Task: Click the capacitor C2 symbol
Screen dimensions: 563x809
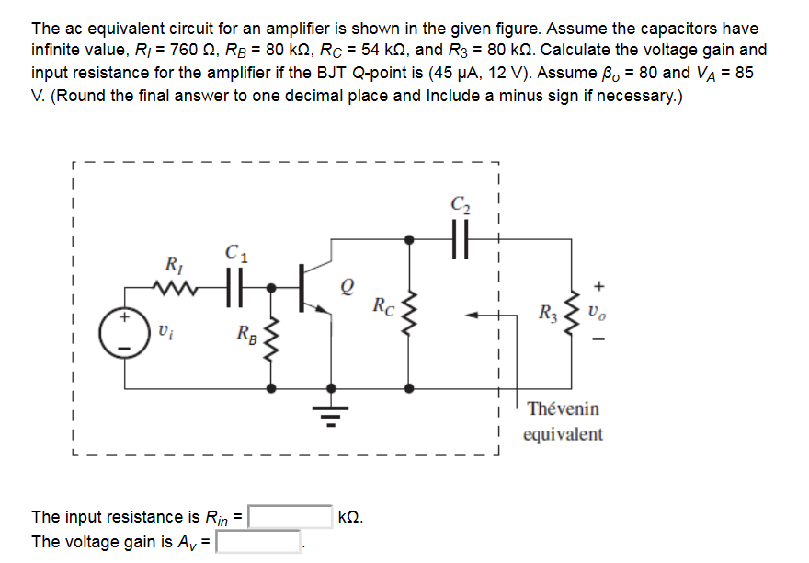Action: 460,237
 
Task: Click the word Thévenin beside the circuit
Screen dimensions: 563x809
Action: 564,408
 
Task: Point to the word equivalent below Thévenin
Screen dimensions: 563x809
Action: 564,434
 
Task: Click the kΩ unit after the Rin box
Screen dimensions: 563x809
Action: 351,517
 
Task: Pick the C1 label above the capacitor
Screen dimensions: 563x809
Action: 235,247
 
